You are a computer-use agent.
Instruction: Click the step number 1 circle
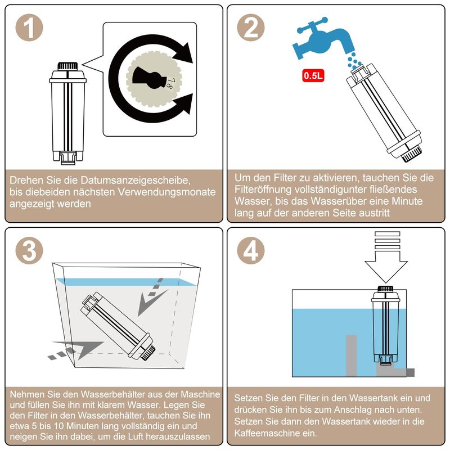[29, 28]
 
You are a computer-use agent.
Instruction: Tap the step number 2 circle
[251, 28]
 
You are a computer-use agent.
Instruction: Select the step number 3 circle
[29, 250]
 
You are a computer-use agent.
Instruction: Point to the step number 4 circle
[251, 250]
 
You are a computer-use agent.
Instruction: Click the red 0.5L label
[313, 76]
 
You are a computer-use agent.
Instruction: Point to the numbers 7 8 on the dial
[172, 83]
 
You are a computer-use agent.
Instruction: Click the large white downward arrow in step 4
[386, 257]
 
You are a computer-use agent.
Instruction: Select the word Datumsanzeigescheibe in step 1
[135, 180]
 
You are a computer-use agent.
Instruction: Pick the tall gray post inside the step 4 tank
[351, 355]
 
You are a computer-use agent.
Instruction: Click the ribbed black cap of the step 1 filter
[67, 66]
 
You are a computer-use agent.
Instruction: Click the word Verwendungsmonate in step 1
[166, 192]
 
